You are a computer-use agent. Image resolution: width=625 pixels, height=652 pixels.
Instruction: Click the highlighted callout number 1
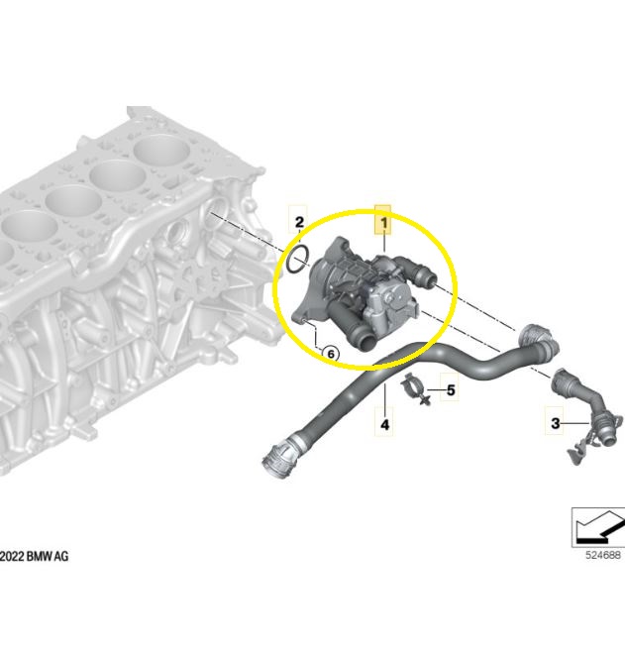click(383, 223)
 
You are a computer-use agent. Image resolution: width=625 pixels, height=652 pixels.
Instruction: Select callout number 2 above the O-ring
click(299, 223)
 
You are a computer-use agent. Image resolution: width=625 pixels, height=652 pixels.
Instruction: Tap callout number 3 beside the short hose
click(556, 423)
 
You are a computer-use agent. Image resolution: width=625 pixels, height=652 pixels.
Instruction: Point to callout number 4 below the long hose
click(385, 425)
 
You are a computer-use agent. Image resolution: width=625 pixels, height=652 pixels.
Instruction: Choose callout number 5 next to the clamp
click(451, 390)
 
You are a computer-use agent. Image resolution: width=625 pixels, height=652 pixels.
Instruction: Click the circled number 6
click(331, 354)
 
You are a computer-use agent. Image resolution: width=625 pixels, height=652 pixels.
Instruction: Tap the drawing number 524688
click(602, 555)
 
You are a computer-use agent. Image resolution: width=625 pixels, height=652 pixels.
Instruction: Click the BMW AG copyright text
click(34, 556)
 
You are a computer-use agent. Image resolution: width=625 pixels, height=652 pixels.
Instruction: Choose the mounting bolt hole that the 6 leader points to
click(304, 319)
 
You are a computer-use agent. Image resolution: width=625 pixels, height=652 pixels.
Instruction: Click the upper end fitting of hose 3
click(564, 380)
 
